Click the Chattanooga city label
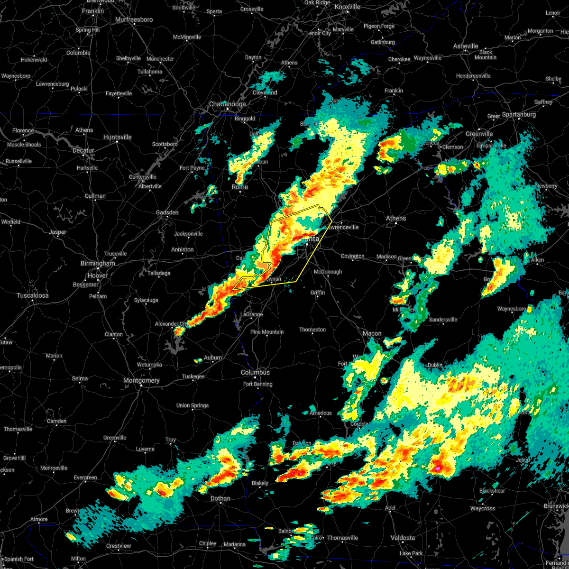228,104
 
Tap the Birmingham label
98,264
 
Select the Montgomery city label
141,381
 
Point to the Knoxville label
348,7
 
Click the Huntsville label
117,138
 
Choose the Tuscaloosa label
33,295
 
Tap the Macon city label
372,334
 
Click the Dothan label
220,499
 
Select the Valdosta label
403,538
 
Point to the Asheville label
466,46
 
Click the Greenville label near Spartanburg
479,134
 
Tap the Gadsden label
167,212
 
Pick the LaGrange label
252,314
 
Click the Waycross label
483,508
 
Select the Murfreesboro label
134,20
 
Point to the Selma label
80,378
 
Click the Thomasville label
342,538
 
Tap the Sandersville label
443,320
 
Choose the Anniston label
183,249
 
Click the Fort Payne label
192,168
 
